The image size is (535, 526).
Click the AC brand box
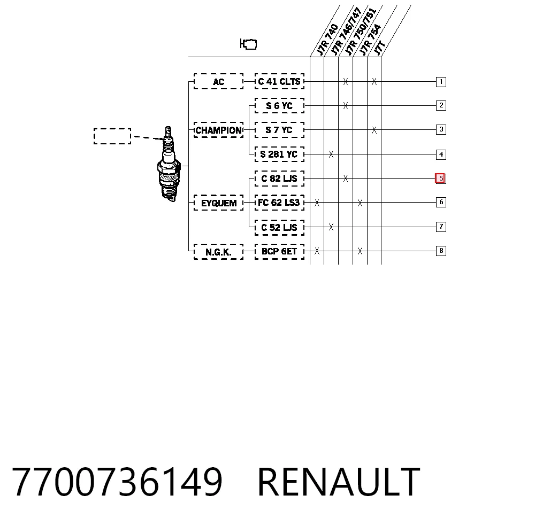[218, 81]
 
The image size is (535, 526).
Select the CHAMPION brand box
[218, 130]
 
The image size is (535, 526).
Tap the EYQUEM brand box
[218, 203]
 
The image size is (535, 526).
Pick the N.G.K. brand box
[218, 252]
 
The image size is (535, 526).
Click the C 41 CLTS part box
[279, 81]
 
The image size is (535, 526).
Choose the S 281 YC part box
[279, 154]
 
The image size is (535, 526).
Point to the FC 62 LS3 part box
[279, 203]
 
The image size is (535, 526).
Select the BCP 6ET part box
[279, 251]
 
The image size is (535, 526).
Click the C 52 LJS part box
[279, 227]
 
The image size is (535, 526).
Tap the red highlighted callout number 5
[440, 179]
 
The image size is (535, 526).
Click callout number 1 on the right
[441, 82]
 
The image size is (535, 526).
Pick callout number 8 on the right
[441, 251]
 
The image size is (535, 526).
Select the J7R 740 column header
[327, 39]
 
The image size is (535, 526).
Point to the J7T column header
[379, 48]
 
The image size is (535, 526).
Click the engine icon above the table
[248, 44]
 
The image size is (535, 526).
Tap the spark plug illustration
[169, 164]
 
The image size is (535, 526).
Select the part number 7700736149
[117, 482]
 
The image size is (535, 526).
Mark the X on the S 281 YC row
[331, 154]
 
